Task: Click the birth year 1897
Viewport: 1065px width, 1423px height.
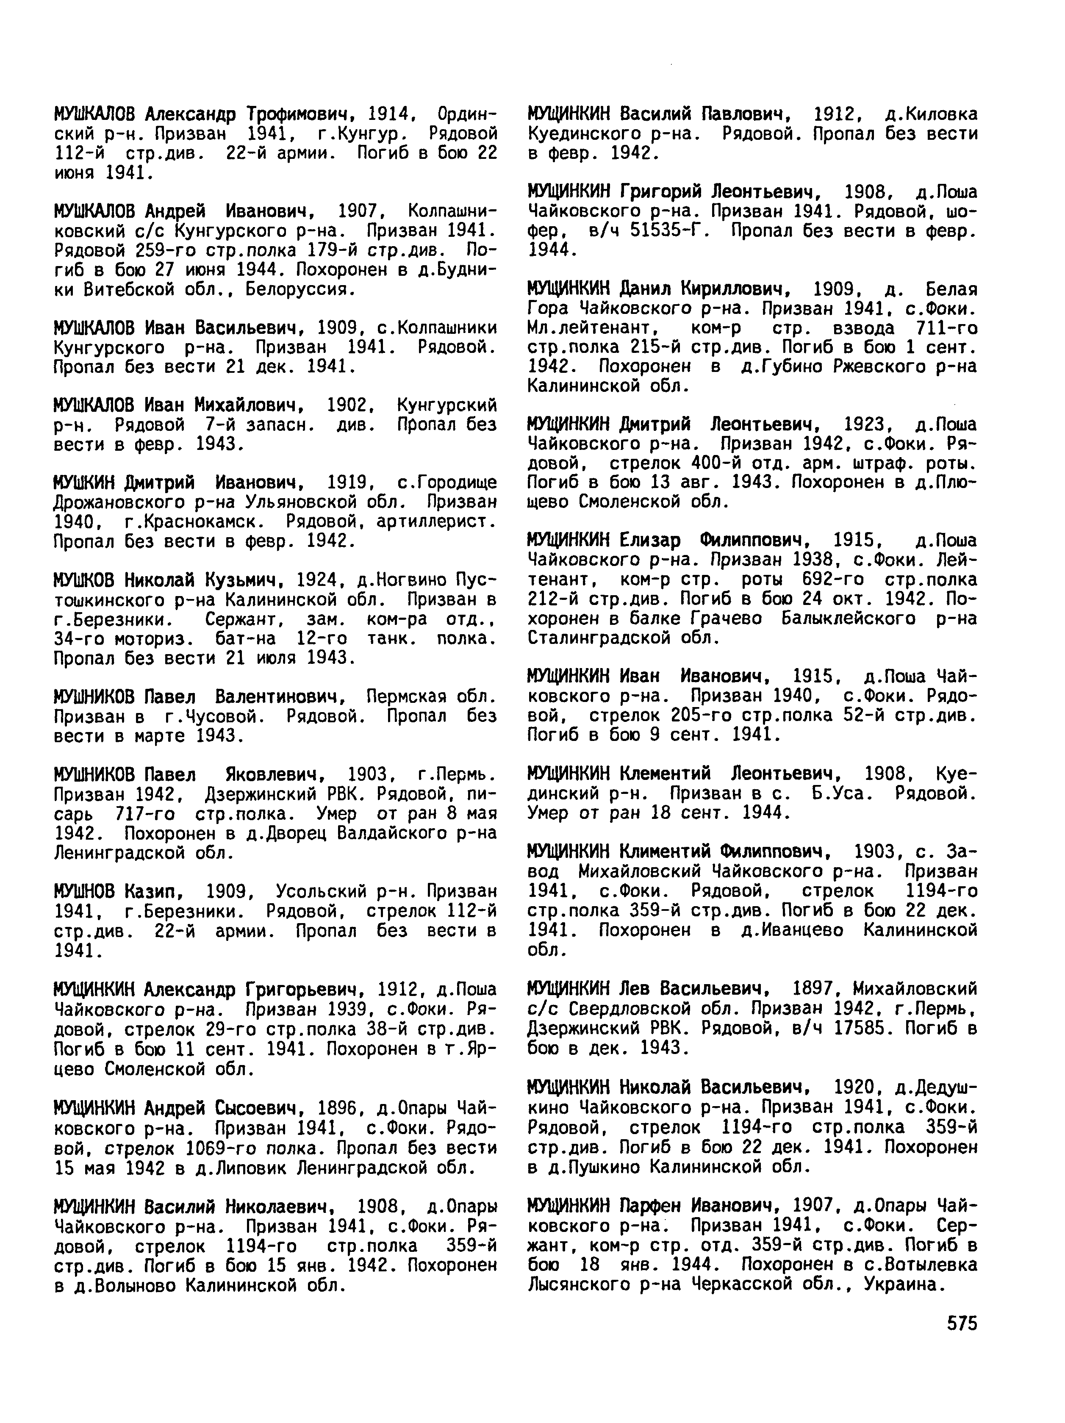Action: pos(813,988)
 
